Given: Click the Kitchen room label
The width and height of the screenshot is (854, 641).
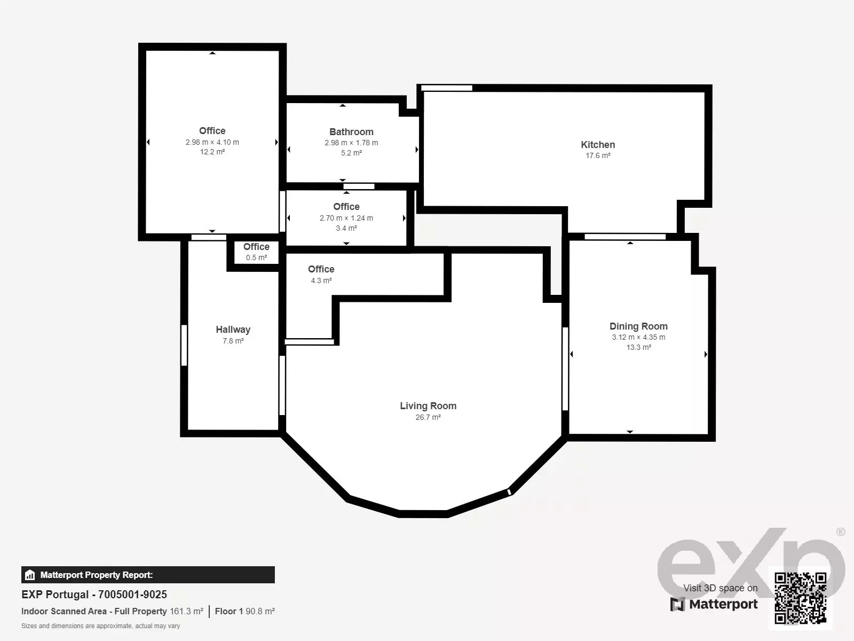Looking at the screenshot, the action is (x=598, y=145).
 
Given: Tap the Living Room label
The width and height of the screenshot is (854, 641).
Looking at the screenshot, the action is (x=428, y=406).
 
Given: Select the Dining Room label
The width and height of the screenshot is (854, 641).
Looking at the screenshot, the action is (x=638, y=326).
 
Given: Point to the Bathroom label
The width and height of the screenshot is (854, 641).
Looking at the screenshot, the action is (x=351, y=132).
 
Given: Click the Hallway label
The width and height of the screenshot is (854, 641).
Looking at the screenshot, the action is (x=233, y=330).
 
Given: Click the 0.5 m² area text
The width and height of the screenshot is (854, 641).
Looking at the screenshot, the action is (x=256, y=257).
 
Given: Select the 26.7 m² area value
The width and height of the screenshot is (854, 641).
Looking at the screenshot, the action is (x=428, y=417).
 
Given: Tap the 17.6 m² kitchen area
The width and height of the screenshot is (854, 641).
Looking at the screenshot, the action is (x=598, y=155).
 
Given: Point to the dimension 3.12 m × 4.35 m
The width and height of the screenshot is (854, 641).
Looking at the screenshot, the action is (x=638, y=337).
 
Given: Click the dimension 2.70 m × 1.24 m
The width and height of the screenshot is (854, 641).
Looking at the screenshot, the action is (x=346, y=218).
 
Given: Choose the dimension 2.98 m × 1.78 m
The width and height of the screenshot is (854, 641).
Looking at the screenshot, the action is (x=351, y=143).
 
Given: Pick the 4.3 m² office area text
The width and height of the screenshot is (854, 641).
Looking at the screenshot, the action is (x=321, y=280).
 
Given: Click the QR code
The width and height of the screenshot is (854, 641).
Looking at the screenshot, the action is (x=800, y=598).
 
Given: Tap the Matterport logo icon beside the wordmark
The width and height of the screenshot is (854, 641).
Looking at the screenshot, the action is (x=677, y=605).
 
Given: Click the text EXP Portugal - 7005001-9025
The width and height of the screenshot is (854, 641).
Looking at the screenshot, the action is (x=94, y=595).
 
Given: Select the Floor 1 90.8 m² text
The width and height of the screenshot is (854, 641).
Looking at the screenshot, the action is (x=244, y=612).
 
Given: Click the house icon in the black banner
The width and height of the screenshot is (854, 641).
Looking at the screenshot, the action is (x=30, y=575).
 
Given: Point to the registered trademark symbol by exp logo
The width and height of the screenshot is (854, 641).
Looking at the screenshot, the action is (x=841, y=531).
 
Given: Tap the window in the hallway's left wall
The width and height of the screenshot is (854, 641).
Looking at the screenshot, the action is (x=184, y=345).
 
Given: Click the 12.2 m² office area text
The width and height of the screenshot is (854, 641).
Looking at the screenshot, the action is (x=212, y=152).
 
